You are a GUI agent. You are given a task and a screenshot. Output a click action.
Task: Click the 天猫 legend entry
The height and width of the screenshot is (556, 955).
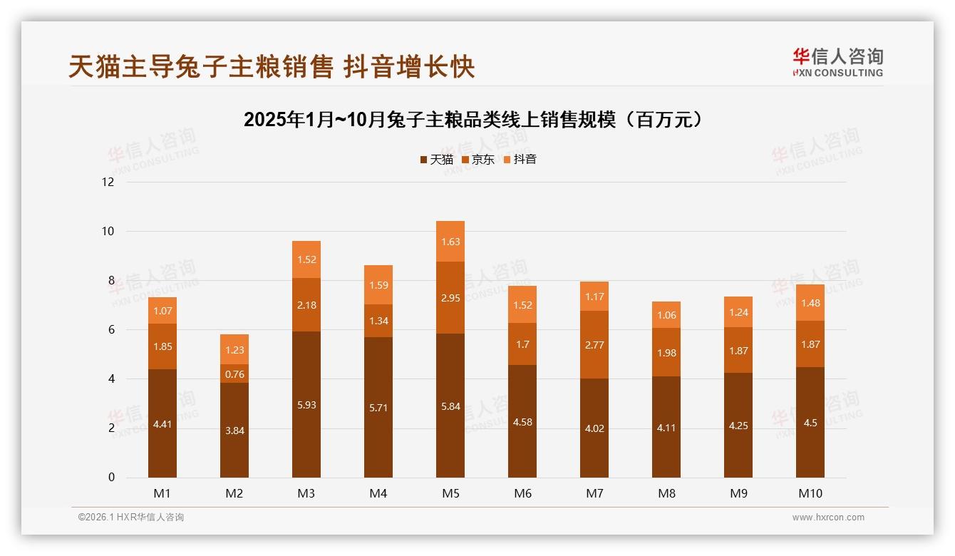(436, 160)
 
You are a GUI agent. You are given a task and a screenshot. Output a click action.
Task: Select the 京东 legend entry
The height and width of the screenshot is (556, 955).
(477, 160)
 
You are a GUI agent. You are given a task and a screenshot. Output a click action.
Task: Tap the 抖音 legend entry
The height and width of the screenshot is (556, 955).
(520, 160)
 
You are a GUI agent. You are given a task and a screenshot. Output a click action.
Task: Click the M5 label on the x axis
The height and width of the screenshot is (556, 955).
(450, 493)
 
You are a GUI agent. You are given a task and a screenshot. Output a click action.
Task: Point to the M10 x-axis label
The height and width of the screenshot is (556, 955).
(810, 493)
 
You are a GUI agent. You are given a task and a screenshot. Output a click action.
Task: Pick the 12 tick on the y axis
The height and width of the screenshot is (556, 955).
(108, 182)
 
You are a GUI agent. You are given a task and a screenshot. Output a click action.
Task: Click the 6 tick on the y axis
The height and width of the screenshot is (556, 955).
(110, 330)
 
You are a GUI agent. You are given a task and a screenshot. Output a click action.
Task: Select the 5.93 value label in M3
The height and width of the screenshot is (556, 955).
(306, 405)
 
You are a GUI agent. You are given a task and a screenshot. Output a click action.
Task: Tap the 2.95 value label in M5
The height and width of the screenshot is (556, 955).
(450, 297)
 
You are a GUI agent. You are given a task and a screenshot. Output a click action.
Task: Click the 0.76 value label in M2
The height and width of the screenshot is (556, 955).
(234, 374)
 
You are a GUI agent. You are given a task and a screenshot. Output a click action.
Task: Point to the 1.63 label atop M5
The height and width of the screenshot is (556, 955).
(450, 242)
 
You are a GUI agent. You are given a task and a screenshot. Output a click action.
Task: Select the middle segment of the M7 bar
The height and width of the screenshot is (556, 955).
(594, 344)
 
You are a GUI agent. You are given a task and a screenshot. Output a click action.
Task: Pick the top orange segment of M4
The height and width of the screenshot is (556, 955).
(378, 284)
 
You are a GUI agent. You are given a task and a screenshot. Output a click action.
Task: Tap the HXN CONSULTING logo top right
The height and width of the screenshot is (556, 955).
(837, 62)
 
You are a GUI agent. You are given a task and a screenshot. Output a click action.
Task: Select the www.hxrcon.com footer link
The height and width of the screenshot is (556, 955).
(828, 518)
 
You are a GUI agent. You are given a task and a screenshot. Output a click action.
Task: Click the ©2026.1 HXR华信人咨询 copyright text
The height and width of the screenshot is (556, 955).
(131, 518)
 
